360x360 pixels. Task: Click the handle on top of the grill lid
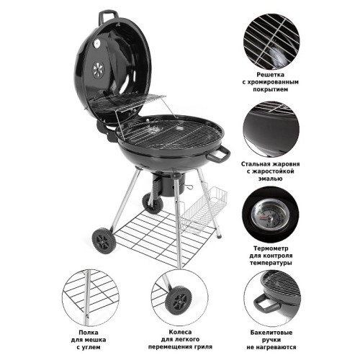108,14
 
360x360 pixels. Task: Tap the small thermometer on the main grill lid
96,43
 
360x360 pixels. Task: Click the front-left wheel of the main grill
104,240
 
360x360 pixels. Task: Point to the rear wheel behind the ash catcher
153,204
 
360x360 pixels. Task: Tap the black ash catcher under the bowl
169,184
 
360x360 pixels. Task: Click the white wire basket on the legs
204,210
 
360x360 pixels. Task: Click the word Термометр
271,248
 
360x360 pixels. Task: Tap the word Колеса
180,332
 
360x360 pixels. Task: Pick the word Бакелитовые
271,333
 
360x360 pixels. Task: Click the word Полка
89,333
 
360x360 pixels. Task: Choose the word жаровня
286,164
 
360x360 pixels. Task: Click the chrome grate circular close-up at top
271,41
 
